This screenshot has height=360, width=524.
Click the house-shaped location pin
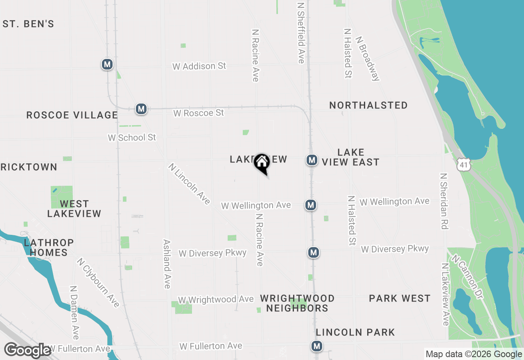tap(262, 163)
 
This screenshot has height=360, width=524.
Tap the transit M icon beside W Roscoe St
tap(141, 109)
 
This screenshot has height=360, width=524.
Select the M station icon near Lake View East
tap(312, 160)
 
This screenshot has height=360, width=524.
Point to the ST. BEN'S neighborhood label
tap(28, 24)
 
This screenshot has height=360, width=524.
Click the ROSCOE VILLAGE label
tap(72, 115)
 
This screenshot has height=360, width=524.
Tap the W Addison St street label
tap(199, 66)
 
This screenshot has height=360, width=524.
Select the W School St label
tap(132, 137)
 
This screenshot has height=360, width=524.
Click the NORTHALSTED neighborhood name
tap(368, 106)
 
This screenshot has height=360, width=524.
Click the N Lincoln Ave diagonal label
tap(189, 184)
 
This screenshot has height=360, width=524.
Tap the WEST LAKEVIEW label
tap(74, 209)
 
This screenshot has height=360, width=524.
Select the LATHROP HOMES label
tap(49, 248)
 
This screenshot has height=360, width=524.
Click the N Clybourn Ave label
tap(98, 282)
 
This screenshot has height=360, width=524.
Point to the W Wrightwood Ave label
tap(216, 300)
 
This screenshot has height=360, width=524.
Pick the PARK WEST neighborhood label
tap(400, 299)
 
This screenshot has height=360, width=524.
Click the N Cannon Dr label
tap(467, 277)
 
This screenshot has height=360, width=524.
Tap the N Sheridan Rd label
tap(444, 201)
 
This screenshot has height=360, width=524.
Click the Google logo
tap(27, 350)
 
